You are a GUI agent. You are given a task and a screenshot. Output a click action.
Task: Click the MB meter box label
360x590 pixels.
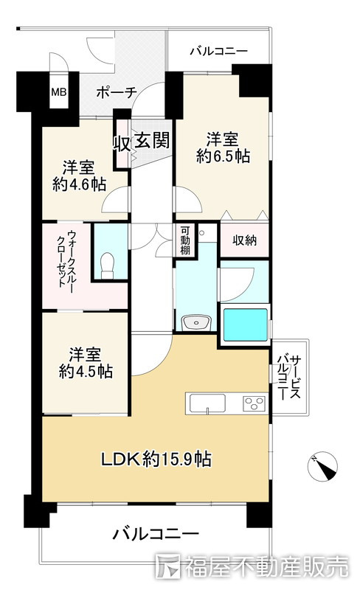pyautogui.click(x=58, y=93)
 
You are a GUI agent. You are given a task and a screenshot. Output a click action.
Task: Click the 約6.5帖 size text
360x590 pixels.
pyautogui.click(x=223, y=156)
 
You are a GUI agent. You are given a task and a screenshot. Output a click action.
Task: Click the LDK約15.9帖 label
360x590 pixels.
pyautogui.click(x=156, y=459)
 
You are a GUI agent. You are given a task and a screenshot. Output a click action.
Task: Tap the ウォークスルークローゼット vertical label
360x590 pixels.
pyautogui.click(x=66, y=263)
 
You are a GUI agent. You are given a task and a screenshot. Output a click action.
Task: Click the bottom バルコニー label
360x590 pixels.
pyautogui.click(x=156, y=534)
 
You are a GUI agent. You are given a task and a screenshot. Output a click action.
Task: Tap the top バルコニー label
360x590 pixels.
pyautogui.click(x=218, y=52)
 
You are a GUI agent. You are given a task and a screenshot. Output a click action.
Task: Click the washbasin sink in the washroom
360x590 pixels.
pyautogui.click(x=196, y=322)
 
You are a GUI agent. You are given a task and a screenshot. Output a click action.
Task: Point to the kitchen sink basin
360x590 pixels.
pyautogui.click(x=207, y=403)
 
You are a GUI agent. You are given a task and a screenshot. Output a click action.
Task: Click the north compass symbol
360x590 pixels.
pyautogui.click(x=322, y=465)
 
